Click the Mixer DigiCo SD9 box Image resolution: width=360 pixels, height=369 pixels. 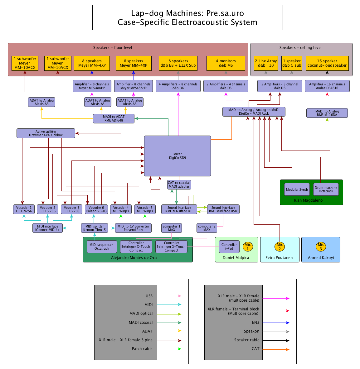tap(178, 156)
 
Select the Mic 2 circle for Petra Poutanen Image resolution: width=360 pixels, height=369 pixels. tap(280, 247)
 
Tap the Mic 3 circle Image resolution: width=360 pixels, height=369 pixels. tap(321, 247)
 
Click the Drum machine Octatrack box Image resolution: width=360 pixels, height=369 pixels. tap(326, 189)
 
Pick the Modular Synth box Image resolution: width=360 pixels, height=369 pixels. tap(297, 189)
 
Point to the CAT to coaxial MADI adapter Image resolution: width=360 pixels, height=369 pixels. tap(179, 184)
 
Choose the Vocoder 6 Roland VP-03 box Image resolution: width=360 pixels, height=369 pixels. tap(96, 209)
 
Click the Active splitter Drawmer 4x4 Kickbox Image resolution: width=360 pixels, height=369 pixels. tap(46, 133)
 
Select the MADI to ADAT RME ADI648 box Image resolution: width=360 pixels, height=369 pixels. tap(114, 118)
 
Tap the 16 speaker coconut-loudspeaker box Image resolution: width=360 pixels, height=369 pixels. tap(327, 63)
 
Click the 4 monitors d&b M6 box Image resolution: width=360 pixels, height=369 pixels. tap(226, 63)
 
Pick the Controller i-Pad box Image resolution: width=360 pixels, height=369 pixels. tap(229, 247)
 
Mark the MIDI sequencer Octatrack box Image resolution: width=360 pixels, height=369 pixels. tap(102, 247)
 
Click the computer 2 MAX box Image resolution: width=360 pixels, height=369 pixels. tap(207, 228)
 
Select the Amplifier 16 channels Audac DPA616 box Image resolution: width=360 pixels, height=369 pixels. tap(327, 86)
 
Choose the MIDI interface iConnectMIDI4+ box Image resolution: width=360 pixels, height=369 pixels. tap(47, 228)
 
